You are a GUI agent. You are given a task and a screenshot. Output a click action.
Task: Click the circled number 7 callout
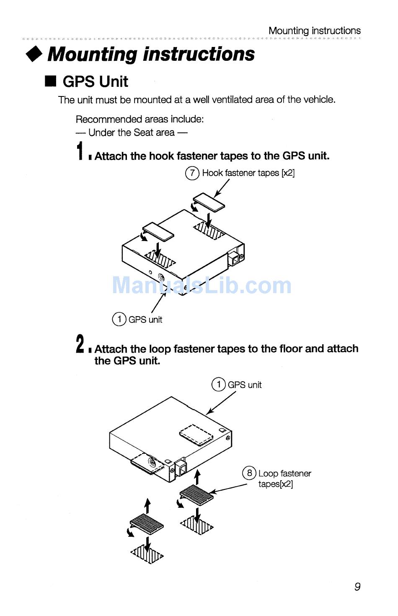pos(192,173)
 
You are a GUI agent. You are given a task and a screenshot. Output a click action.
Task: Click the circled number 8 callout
pos(249,473)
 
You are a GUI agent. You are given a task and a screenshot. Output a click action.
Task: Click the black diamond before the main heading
pos(34,54)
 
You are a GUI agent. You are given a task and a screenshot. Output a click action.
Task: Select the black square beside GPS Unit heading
pos(51,81)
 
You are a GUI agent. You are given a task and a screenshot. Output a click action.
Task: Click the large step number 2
pos(80,343)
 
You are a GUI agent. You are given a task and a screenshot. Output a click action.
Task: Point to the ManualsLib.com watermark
pos(202,286)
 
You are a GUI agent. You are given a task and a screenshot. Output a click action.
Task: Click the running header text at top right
pos(315,31)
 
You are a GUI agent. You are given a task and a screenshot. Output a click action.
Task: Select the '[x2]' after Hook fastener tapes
pos(288,173)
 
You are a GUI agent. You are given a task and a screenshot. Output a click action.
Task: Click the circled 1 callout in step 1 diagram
pos(119,319)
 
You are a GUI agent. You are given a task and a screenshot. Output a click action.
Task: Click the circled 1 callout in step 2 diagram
pos(218,385)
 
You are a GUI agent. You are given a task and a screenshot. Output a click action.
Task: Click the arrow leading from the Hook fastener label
pos(221,188)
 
